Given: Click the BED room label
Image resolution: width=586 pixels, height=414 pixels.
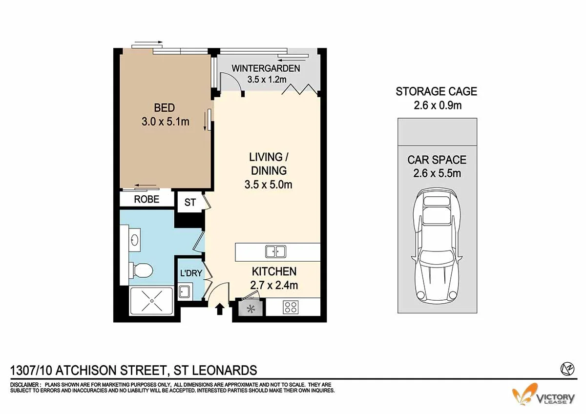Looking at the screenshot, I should (x=165, y=108).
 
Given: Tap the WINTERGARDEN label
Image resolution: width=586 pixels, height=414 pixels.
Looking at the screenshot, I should (x=266, y=68).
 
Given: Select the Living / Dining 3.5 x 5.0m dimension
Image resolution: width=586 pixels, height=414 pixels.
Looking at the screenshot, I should (x=268, y=185).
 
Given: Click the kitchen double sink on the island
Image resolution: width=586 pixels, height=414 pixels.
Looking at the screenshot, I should (x=275, y=252).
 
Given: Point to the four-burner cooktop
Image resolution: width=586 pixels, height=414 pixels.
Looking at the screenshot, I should (x=292, y=307).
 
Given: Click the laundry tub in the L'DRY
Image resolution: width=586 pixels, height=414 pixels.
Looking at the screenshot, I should (x=184, y=292).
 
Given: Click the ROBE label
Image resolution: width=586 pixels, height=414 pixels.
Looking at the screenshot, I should (x=146, y=199).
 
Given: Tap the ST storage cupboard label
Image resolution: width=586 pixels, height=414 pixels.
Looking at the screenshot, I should (x=190, y=202).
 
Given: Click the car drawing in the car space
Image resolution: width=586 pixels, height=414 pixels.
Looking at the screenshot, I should (x=437, y=246).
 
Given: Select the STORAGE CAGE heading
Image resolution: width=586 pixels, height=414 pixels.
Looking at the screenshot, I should (x=436, y=91).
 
